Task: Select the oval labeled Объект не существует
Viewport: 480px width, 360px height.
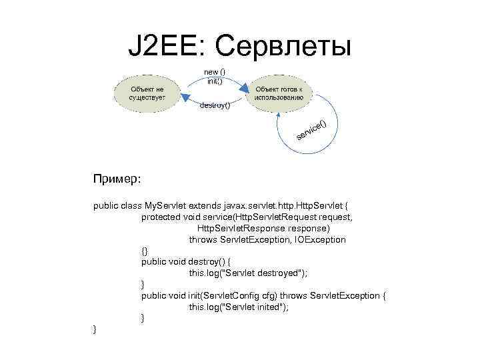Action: point(147,92)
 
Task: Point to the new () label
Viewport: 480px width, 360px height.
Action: point(215,71)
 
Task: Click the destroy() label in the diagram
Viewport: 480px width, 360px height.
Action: point(215,105)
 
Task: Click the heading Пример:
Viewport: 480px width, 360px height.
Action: point(115,179)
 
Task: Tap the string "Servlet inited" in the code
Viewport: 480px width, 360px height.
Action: point(252,307)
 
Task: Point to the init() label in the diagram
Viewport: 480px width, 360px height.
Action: point(215,80)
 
